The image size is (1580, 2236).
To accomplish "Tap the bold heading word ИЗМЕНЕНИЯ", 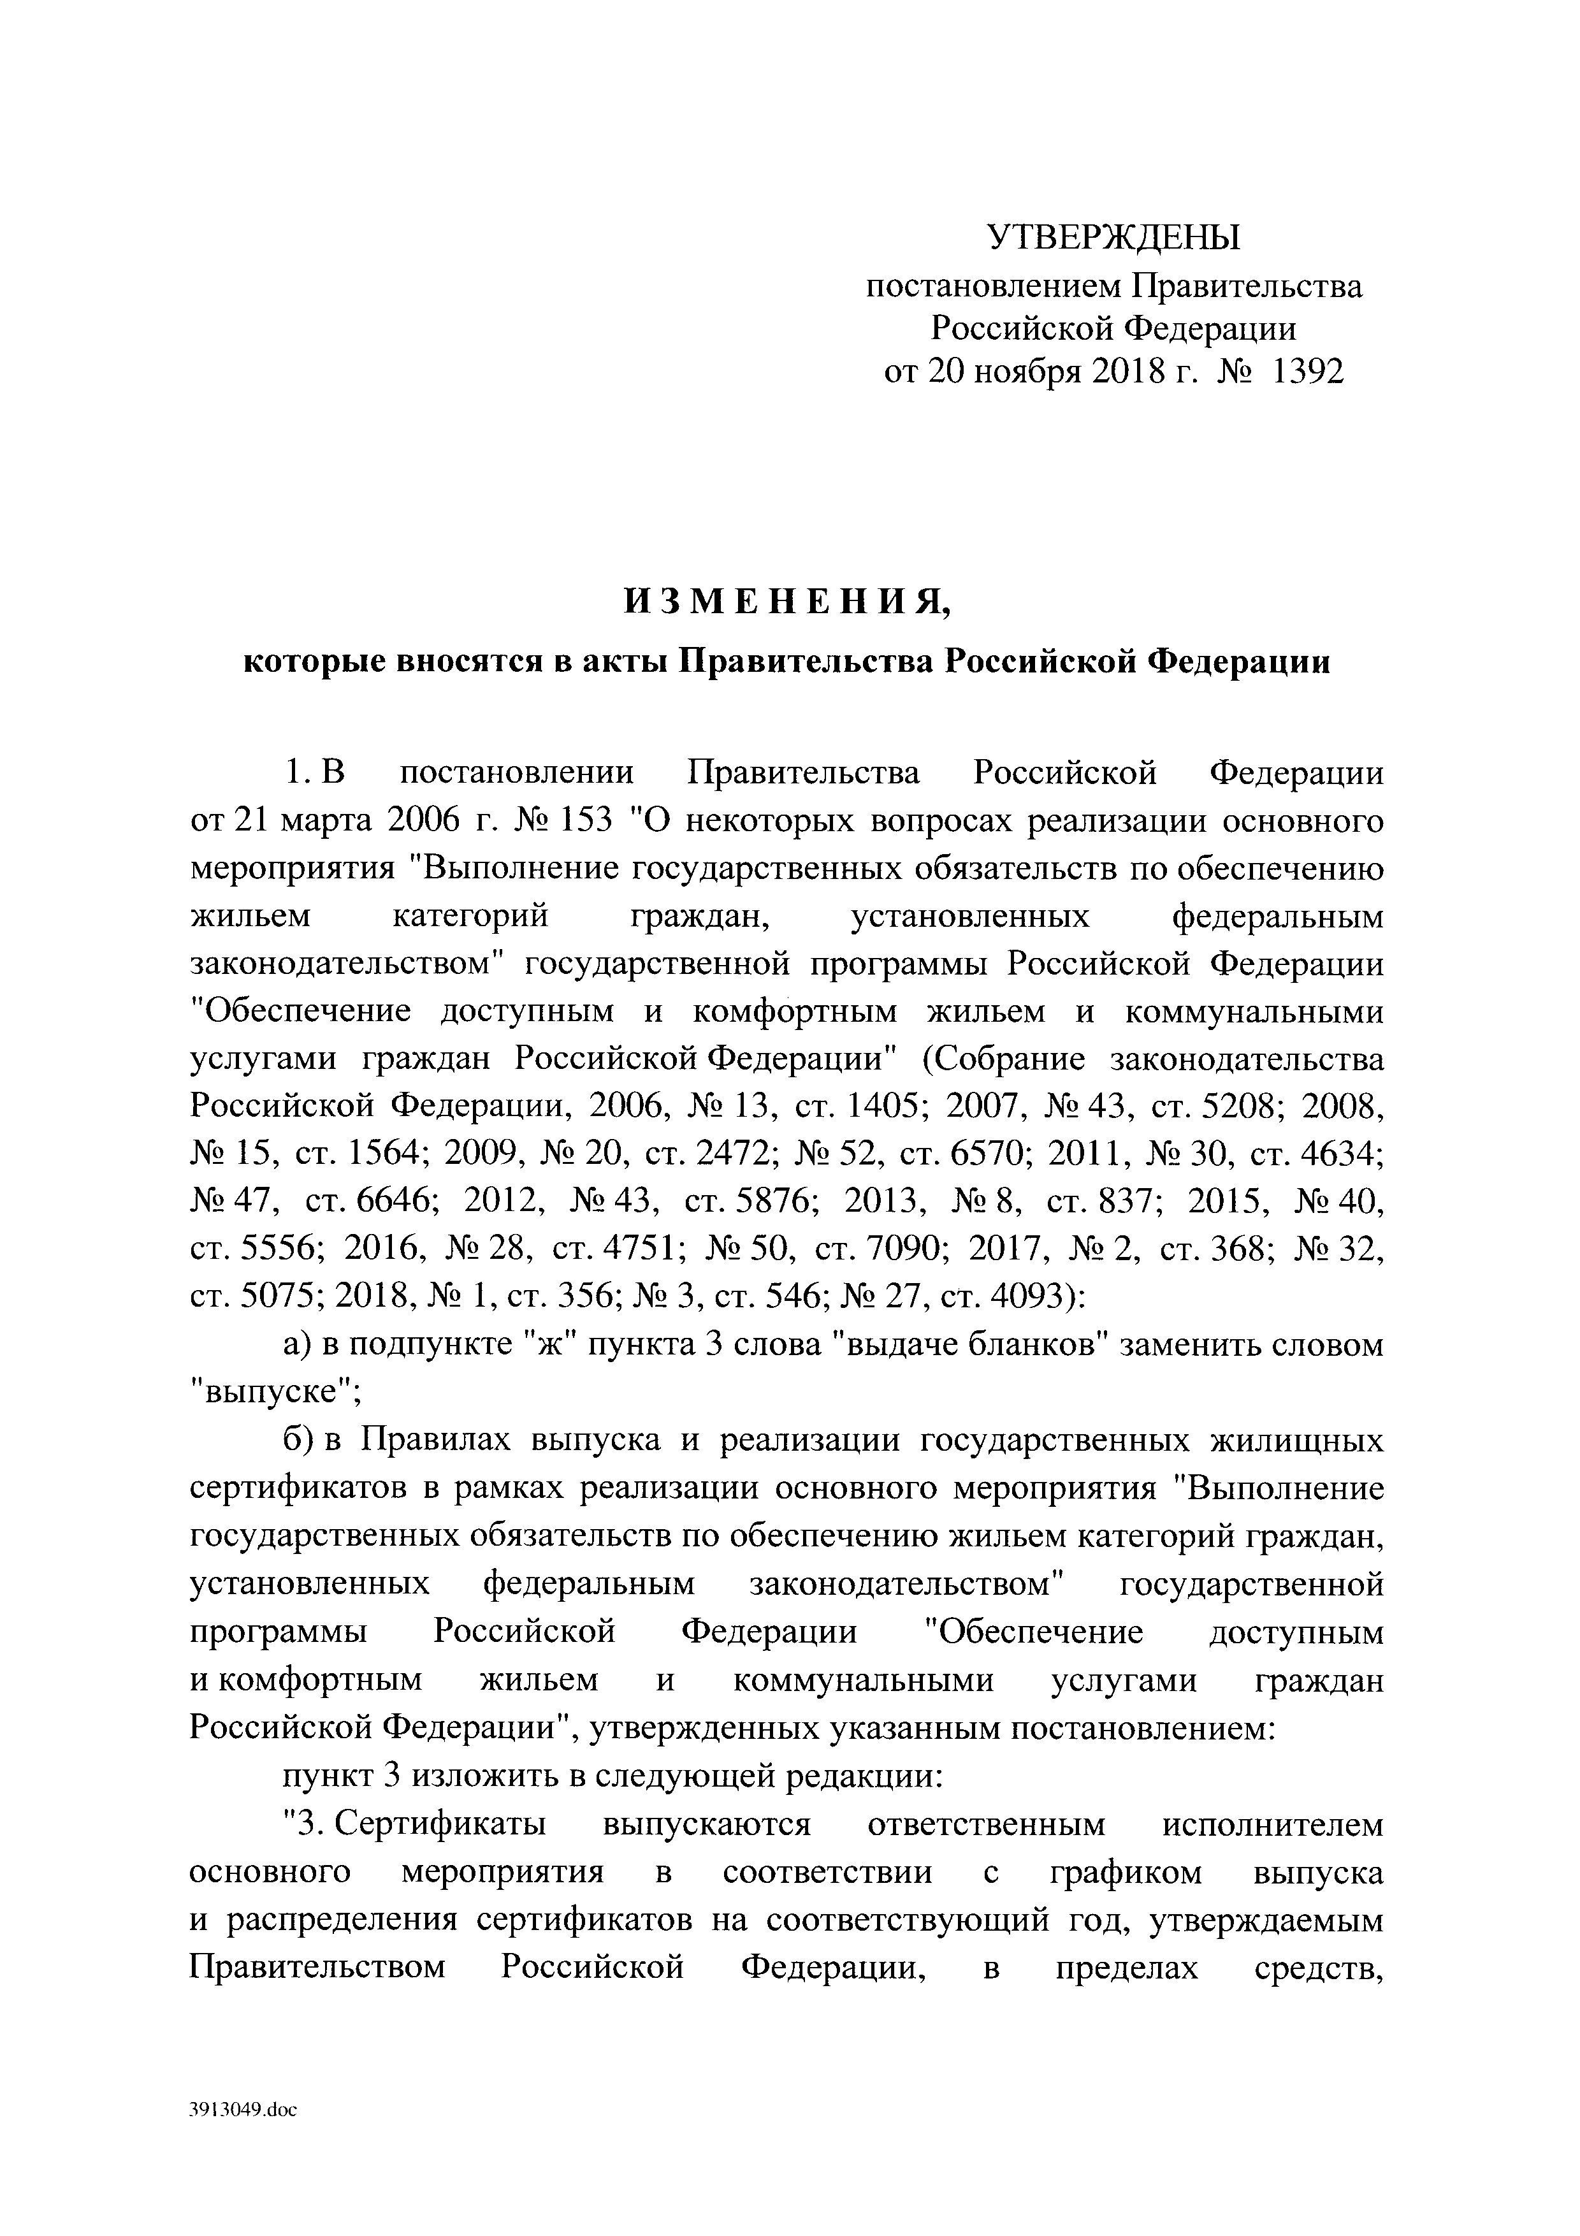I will click(x=786, y=603).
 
